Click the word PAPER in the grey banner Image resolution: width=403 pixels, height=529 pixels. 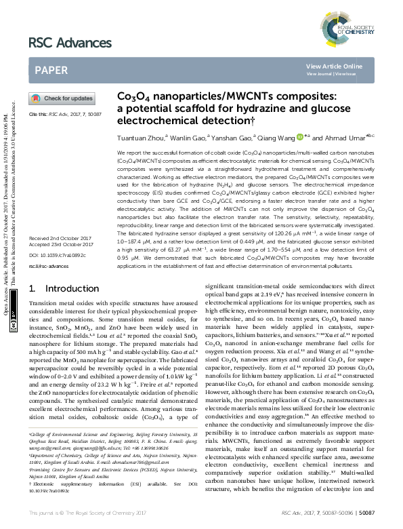tap(51, 70)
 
